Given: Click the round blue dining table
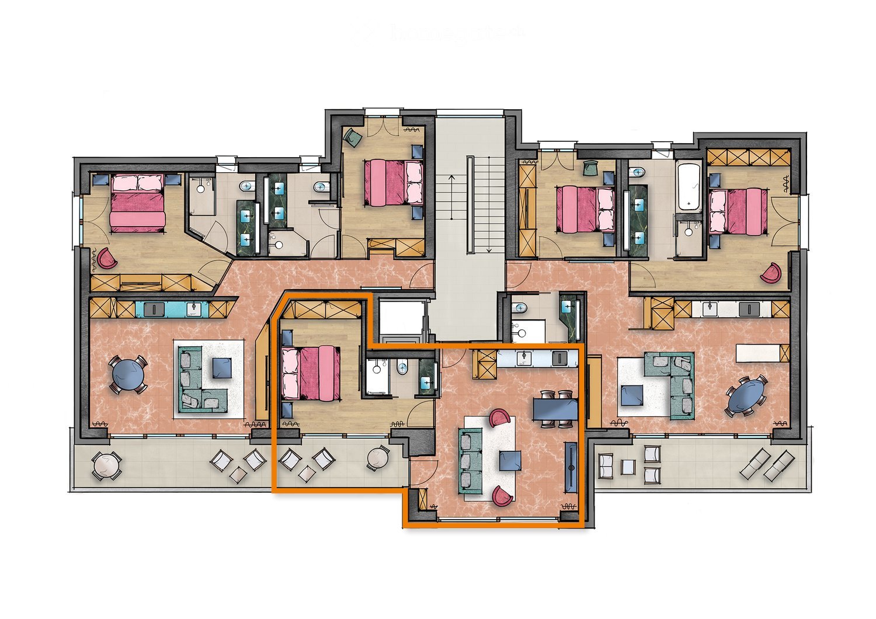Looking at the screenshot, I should (129, 374).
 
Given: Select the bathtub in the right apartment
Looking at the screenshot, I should (689, 187).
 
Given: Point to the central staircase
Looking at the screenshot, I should (478, 204).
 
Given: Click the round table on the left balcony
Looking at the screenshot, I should (107, 465).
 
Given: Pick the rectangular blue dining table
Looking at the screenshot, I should (555, 409).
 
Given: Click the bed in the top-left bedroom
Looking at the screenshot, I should (138, 202).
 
